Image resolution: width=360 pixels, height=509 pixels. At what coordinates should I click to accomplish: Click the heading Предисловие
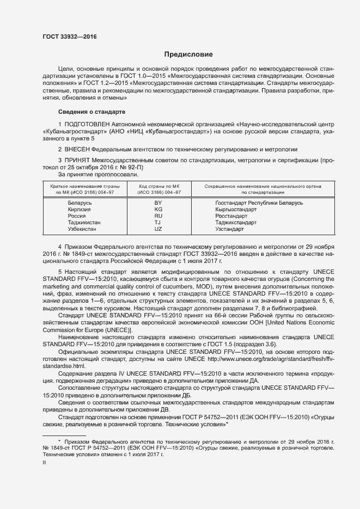(x=189, y=54)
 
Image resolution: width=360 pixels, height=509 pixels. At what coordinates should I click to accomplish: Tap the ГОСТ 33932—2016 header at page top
(x=69, y=37)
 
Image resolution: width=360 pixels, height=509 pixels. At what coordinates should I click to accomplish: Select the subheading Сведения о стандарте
(x=91, y=112)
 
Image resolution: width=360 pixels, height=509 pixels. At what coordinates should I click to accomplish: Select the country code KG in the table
(x=158, y=209)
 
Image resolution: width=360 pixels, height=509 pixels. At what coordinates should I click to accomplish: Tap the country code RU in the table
(x=158, y=216)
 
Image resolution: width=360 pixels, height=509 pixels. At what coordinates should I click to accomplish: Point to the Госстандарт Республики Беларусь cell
(x=259, y=203)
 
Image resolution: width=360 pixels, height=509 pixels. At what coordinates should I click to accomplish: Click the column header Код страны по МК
(x=158, y=186)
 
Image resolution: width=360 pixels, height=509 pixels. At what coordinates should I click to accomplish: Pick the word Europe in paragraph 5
(x=103, y=330)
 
